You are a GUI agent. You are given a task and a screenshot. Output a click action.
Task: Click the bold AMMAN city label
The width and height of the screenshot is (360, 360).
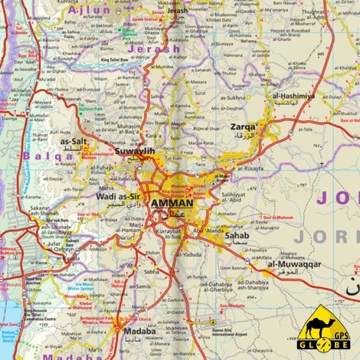173,203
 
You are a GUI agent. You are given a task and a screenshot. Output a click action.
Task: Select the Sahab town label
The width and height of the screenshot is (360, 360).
237,237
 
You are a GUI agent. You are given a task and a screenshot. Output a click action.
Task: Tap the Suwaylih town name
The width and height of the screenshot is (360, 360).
134,152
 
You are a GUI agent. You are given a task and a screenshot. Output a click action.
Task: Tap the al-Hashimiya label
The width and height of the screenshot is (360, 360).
293,97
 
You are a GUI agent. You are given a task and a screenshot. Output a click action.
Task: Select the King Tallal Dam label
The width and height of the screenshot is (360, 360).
118,60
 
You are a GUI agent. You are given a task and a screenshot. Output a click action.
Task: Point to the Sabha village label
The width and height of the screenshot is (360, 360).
152,271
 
